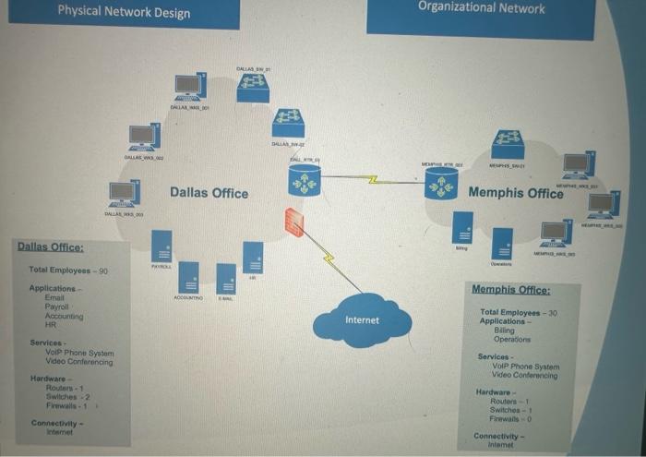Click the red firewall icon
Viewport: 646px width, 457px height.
(293, 222)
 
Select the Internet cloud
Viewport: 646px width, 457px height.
(361, 319)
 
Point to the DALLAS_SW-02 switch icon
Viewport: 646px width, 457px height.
(288, 123)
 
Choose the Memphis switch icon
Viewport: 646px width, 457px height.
(507, 143)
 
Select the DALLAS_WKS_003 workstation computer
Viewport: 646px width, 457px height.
(124, 192)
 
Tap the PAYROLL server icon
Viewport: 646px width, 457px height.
(161, 246)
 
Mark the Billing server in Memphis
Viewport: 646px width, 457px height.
(461, 227)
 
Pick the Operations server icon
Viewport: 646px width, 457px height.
(502, 244)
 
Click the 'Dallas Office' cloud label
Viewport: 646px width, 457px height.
(209, 193)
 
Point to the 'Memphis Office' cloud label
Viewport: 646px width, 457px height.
(515, 193)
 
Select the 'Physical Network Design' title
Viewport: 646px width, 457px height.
(124, 12)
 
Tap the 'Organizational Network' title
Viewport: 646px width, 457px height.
(481, 8)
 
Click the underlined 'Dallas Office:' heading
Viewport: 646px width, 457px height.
(50, 247)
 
